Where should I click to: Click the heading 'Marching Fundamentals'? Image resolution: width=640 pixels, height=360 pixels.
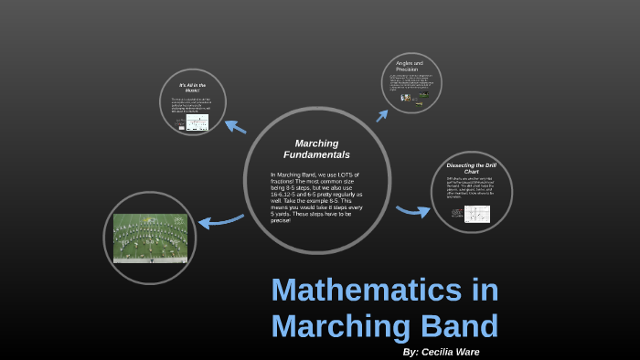click(316, 149)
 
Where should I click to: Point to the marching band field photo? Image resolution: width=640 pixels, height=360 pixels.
click(150, 238)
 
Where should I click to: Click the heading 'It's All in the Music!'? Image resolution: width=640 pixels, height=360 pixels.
click(193, 88)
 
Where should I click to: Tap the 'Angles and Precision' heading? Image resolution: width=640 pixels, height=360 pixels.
click(410, 66)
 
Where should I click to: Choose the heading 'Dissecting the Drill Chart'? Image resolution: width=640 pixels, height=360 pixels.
click(471, 168)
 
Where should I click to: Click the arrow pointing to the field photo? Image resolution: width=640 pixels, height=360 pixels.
click(220, 220)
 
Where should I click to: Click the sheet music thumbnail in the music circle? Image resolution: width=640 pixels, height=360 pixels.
click(197, 122)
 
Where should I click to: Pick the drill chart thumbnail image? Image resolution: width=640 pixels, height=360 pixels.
click(476, 214)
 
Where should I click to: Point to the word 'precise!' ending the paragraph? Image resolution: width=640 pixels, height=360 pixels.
click(280, 220)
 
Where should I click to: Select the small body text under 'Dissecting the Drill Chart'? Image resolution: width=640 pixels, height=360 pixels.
click(470, 187)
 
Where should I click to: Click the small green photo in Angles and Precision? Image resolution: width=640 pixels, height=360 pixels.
click(423, 94)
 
